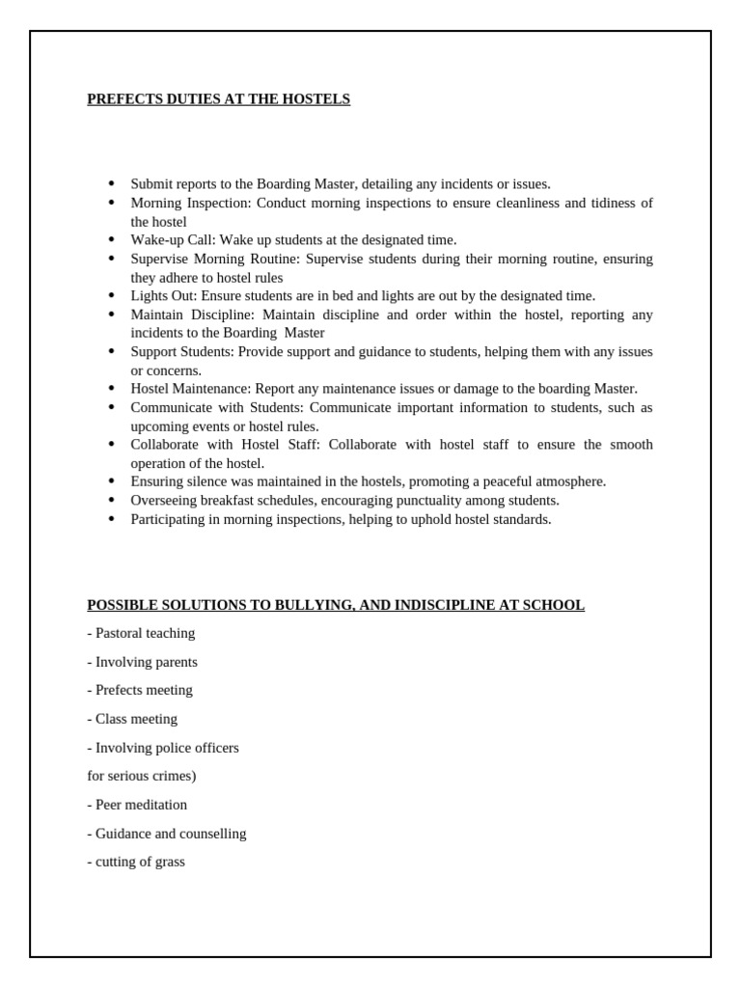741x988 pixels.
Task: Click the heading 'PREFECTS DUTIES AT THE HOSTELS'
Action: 218,99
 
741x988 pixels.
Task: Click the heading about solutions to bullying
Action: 336,605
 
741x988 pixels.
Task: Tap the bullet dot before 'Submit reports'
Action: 111,183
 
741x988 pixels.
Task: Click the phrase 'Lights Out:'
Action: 164,296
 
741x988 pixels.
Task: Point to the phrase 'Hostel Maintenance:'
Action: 191,389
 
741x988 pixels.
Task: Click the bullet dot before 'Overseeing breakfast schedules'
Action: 111,501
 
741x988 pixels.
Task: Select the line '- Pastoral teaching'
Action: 141,633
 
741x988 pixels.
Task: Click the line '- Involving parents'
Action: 142,662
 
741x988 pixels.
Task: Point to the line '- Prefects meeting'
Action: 140,690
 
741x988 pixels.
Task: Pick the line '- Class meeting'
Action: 132,719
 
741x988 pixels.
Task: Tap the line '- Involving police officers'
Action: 163,748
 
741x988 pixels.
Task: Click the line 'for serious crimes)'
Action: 142,776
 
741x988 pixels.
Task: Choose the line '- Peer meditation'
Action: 137,805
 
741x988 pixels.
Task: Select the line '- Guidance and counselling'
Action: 167,834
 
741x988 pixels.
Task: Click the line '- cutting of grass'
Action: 136,862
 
